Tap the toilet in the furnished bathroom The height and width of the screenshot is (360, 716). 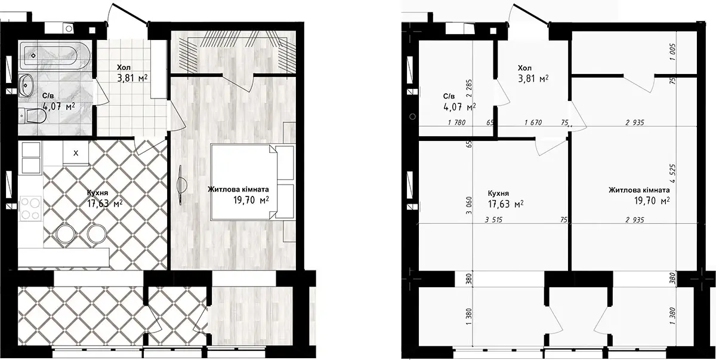[32, 116]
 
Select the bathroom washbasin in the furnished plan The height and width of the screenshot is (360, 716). [26, 85]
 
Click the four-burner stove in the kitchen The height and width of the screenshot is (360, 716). [30, 208]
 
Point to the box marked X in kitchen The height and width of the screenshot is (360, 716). [76, 153]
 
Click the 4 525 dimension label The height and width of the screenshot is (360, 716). [673, 173]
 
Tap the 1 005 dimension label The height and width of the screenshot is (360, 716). [673, 52]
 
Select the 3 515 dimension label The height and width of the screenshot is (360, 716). [493, 220]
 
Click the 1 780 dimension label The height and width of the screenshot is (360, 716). [457, 122]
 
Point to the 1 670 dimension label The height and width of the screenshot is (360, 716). [533, 122]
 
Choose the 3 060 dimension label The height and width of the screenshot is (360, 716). [469, 205]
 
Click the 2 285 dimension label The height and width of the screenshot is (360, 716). [469, 88]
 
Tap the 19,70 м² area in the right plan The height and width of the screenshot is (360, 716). [652, 201]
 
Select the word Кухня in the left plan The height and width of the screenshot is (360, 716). [97, 193]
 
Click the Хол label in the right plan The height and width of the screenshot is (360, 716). [524, 68]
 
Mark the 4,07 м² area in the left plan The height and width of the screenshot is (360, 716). [58, 106]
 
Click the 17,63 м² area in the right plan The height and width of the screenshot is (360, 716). [506, 204]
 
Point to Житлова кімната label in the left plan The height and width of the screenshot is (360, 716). [238, 189]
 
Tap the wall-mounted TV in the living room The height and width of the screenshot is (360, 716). [181, 185]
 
